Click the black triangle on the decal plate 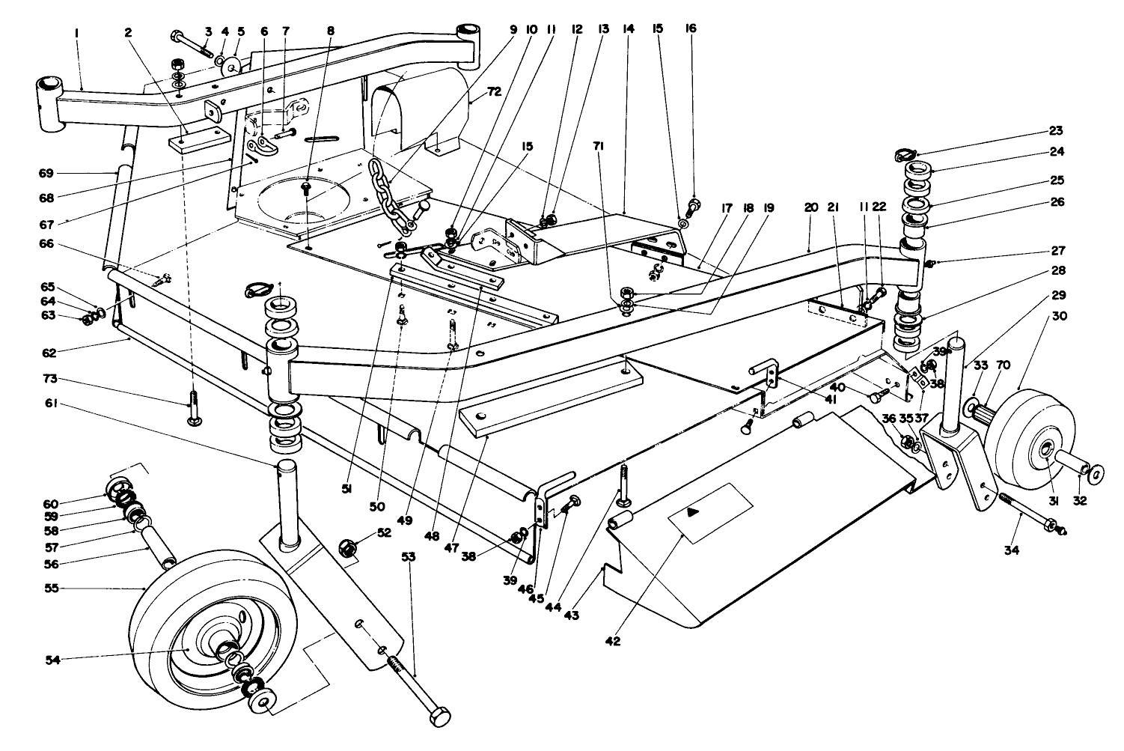click(x=694, y=512)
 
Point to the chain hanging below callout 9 click(x=391, y=201)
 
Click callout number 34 click(x=1016, y=552)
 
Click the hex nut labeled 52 click(x=349, y=549)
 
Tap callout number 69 click(x=53, y=173)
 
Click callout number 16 click(x=690, y=28)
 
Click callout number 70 click(x=1004, y=365)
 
